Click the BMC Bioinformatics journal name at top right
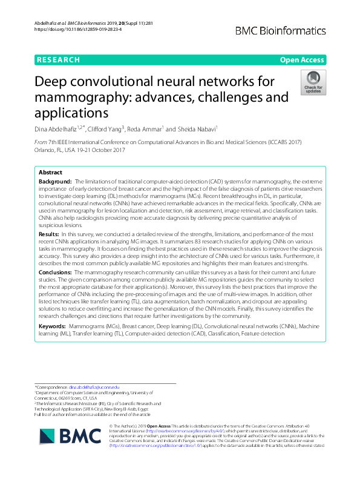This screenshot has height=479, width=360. point(281,30)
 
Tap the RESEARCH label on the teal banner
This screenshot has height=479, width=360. point(58,60)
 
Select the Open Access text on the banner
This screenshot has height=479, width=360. point(302,60)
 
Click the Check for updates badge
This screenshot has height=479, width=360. point(313,83)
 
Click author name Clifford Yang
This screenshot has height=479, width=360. point(106,128)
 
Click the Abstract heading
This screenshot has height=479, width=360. point(51,172)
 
